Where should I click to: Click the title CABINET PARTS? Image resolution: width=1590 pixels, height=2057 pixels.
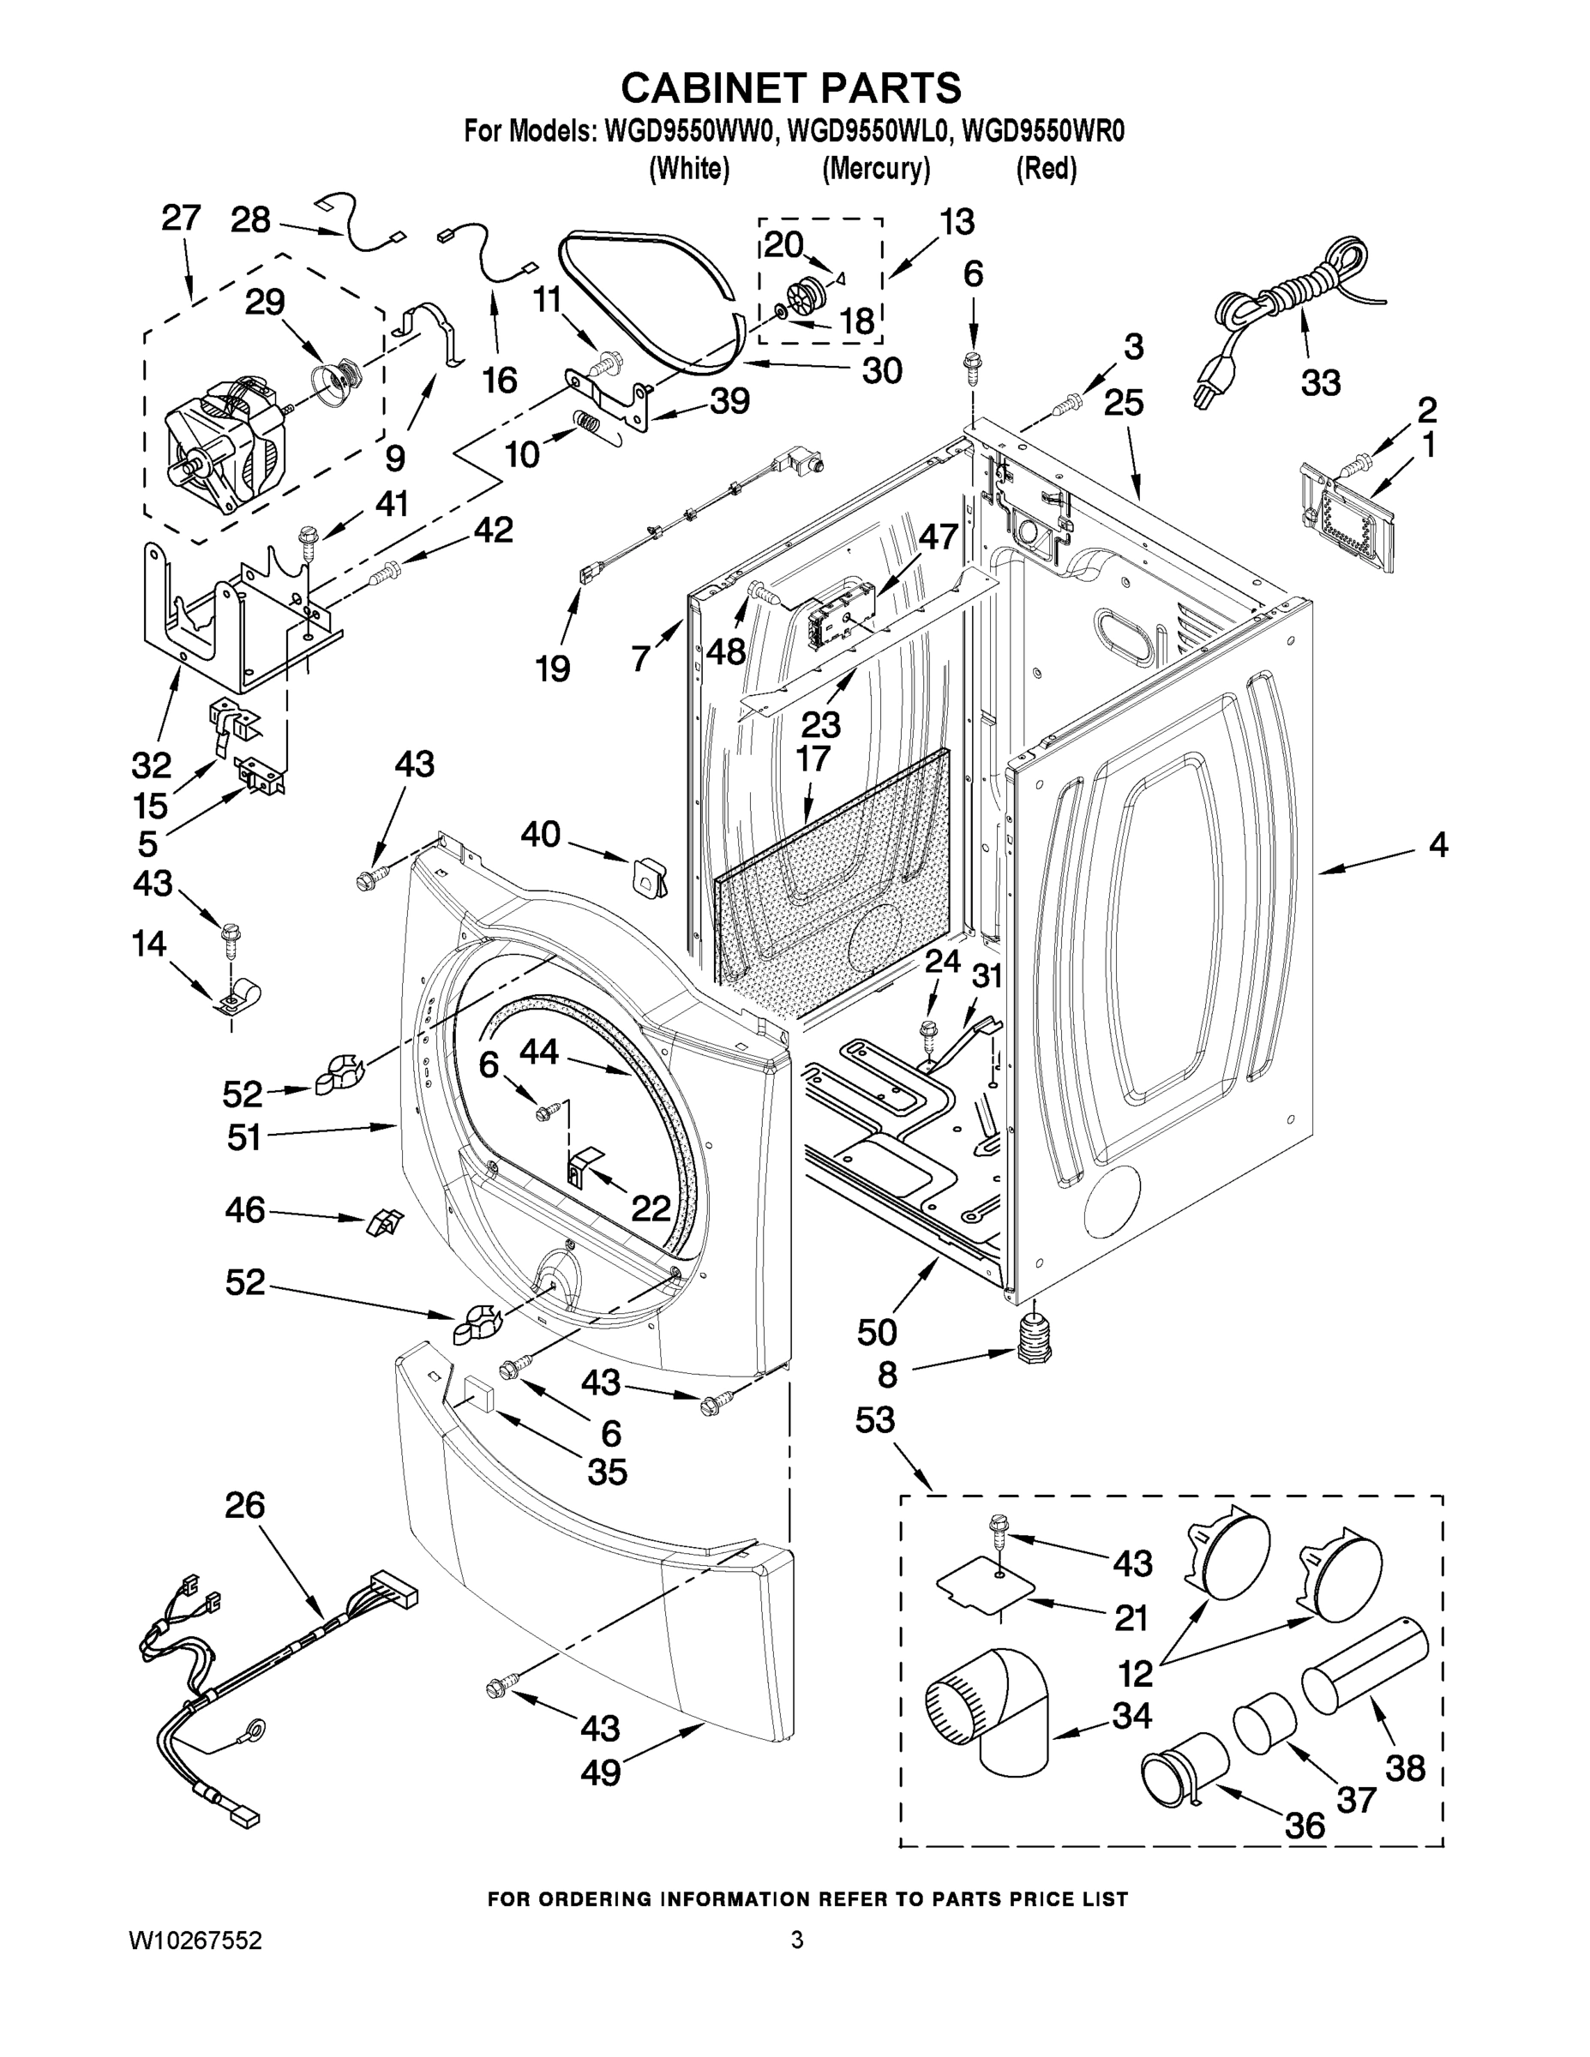[x=790, y=87]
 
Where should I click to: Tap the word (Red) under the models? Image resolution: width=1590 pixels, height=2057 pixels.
[x=1046, y=169]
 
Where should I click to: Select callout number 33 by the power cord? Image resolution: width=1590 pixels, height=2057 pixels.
[x=1321, y=382]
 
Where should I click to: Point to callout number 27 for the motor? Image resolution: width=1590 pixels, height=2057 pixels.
[x=181, y=218]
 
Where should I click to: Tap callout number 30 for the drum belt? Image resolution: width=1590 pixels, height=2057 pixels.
[x=882, y=370]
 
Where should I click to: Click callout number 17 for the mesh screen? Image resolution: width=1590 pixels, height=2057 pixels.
[x=812, y=759]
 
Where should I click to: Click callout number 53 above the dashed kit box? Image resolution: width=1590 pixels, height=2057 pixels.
[x=874, y=1419]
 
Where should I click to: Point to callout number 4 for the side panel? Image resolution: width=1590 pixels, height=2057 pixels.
[x=1437, y=845]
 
